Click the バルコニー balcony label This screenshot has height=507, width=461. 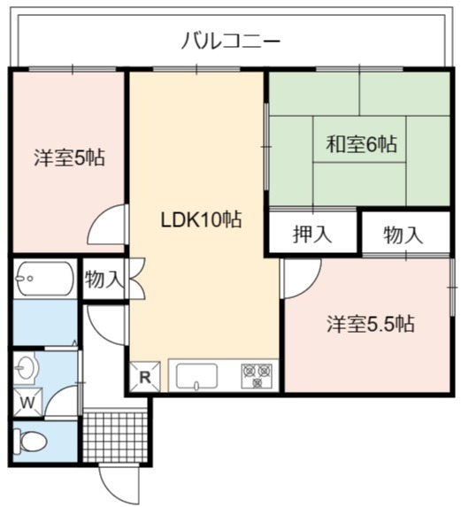pos(230,41)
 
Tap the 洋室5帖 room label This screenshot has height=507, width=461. pos(70,157)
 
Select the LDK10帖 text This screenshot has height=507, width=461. pos(201,219)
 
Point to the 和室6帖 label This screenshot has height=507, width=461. pos(361,144)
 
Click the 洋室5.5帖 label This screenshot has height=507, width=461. pos(371,324)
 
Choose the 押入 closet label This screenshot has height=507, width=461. pos(312,234)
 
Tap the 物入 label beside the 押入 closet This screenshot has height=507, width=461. pos(403,235)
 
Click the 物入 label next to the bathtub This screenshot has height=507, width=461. pos(104,280)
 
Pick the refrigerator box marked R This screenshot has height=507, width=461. pos(145,377)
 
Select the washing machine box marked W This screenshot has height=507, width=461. pos(27,403)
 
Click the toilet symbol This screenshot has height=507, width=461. pos(33,441)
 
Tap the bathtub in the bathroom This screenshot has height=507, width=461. pos(45,279)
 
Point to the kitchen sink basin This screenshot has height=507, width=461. pos(196,376)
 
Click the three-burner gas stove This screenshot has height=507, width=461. pos(257,376)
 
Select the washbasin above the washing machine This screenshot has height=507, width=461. pos(27,368)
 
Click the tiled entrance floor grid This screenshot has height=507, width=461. pos(115,437)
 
